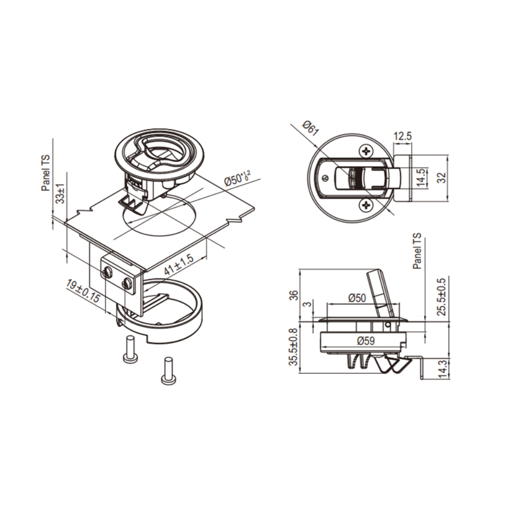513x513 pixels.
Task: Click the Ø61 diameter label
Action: tap(310, 128)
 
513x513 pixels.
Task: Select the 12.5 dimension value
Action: tap(403, 136)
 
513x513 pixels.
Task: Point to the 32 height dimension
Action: tap(442, 178)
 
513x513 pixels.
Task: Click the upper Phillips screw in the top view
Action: tap(366, 151)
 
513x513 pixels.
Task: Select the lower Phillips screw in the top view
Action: tap(366, 205)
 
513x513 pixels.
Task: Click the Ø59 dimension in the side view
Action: tap(366, 341)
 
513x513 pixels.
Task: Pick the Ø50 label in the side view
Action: tap(357, 298)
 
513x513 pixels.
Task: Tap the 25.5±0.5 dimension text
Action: tap(442, 297)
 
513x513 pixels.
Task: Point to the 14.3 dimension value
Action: tap(442, 369)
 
